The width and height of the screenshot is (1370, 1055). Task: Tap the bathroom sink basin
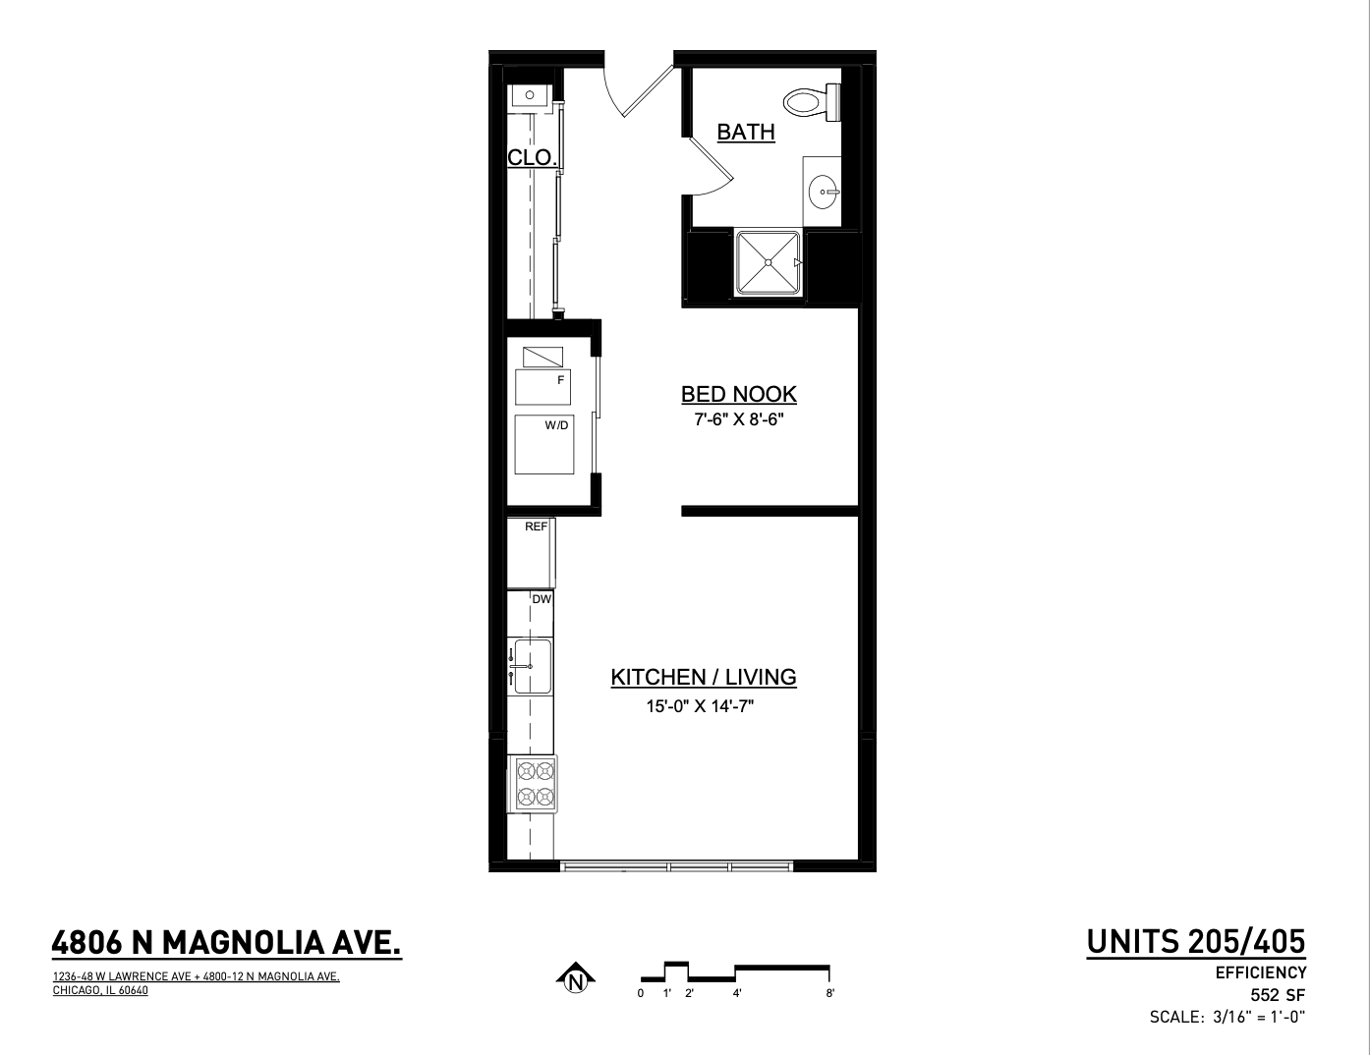pyautogui.click(x=824, y=192)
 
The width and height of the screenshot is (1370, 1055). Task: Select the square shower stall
pyautogui.click(x=769, y=262)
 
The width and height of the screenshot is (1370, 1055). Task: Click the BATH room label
pyautogui.click(x=746, y=133)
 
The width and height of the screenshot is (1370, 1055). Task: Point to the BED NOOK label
pyautogui.click(x=739, y=394)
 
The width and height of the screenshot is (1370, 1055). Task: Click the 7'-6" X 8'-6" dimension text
pyautogui.click(x=739, y=419)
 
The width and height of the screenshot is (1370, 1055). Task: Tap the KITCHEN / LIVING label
pyautogui.click(x=704, y=677)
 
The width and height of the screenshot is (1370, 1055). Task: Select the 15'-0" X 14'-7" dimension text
pyautogui.click(x=700, y=706)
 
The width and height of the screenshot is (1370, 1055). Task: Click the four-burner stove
pyautogui.click(x=536, y=784)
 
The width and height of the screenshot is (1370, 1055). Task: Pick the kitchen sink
pyautogui.click(x=532, y=666)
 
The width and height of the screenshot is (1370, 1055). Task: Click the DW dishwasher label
pyautogui.click(x=542, y=599)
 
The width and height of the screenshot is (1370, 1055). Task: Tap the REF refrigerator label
pyautogui.click(x=537, y=527)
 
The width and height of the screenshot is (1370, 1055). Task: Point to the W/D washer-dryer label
pyautogui.click(x=556, y=425)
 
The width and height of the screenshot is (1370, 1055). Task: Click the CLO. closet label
pyautogui.click(x=532, y=157)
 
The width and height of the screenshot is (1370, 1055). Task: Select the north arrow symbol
pyautogui.click(x=576, y=977)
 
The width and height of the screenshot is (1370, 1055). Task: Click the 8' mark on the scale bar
pyautogui.click(x=830, y=994)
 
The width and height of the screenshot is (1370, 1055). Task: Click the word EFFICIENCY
pyautogui.click(x=1261, y=973)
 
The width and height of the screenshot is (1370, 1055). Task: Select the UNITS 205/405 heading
pyautogui.click(x=1196, y=942)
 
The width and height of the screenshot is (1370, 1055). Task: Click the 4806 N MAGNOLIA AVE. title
pyautogui.click(x=227, y=944)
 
